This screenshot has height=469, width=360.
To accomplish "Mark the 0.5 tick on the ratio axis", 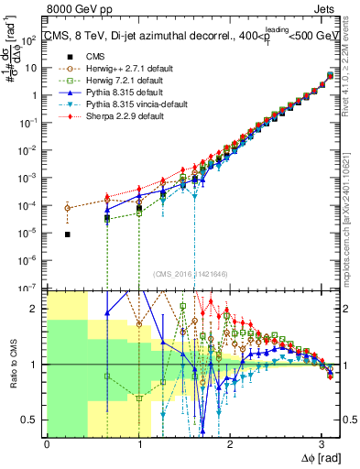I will (x=29, y=420).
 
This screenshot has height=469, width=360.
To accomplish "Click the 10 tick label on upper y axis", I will (x=29, y=67).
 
